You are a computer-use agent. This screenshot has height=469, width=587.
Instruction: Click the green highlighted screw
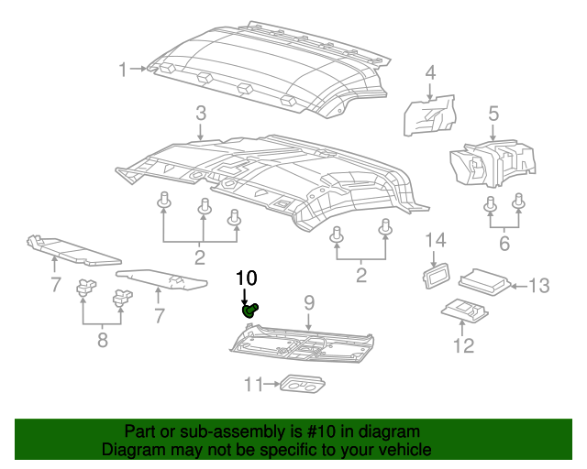[249, 311]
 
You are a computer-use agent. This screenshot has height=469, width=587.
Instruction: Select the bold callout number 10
[247, 278]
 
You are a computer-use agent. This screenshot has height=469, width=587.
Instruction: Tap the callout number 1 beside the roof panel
[124, 70]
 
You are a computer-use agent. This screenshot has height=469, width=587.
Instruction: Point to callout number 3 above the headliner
[200, 115]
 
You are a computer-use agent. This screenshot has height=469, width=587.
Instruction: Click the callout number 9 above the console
[309, 302]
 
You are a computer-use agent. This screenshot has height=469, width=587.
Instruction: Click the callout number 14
[435, 240]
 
